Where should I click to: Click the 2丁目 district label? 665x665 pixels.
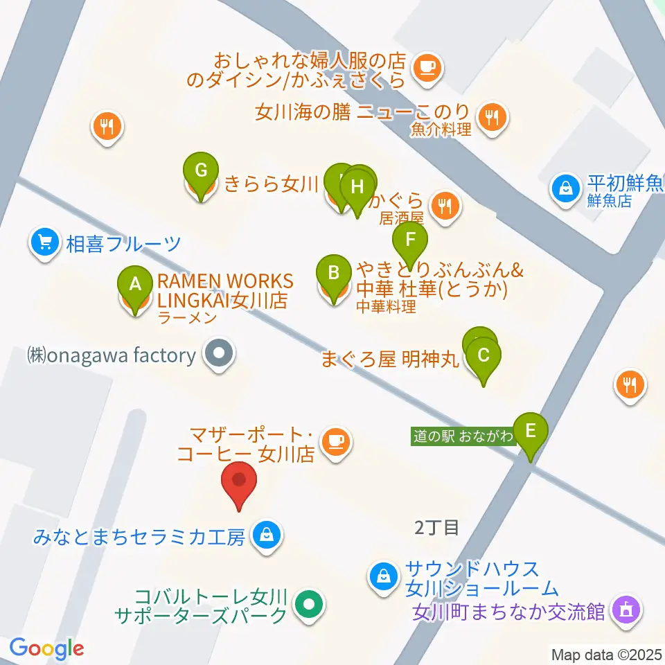(x=436, y=528)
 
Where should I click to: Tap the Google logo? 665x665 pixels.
(x=46, y=649)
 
